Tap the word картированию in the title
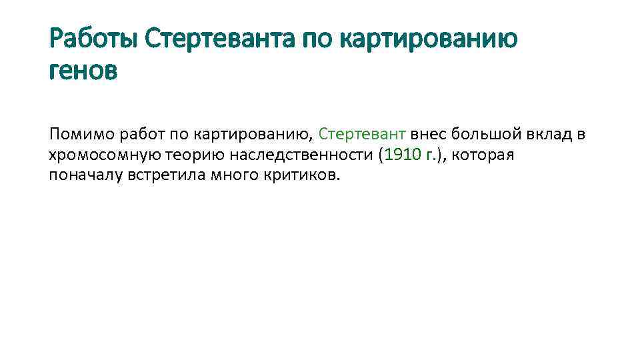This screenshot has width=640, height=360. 429,39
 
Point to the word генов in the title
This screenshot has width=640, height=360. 83,70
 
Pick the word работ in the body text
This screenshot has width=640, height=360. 141,135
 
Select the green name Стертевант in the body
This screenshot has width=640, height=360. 362,135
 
